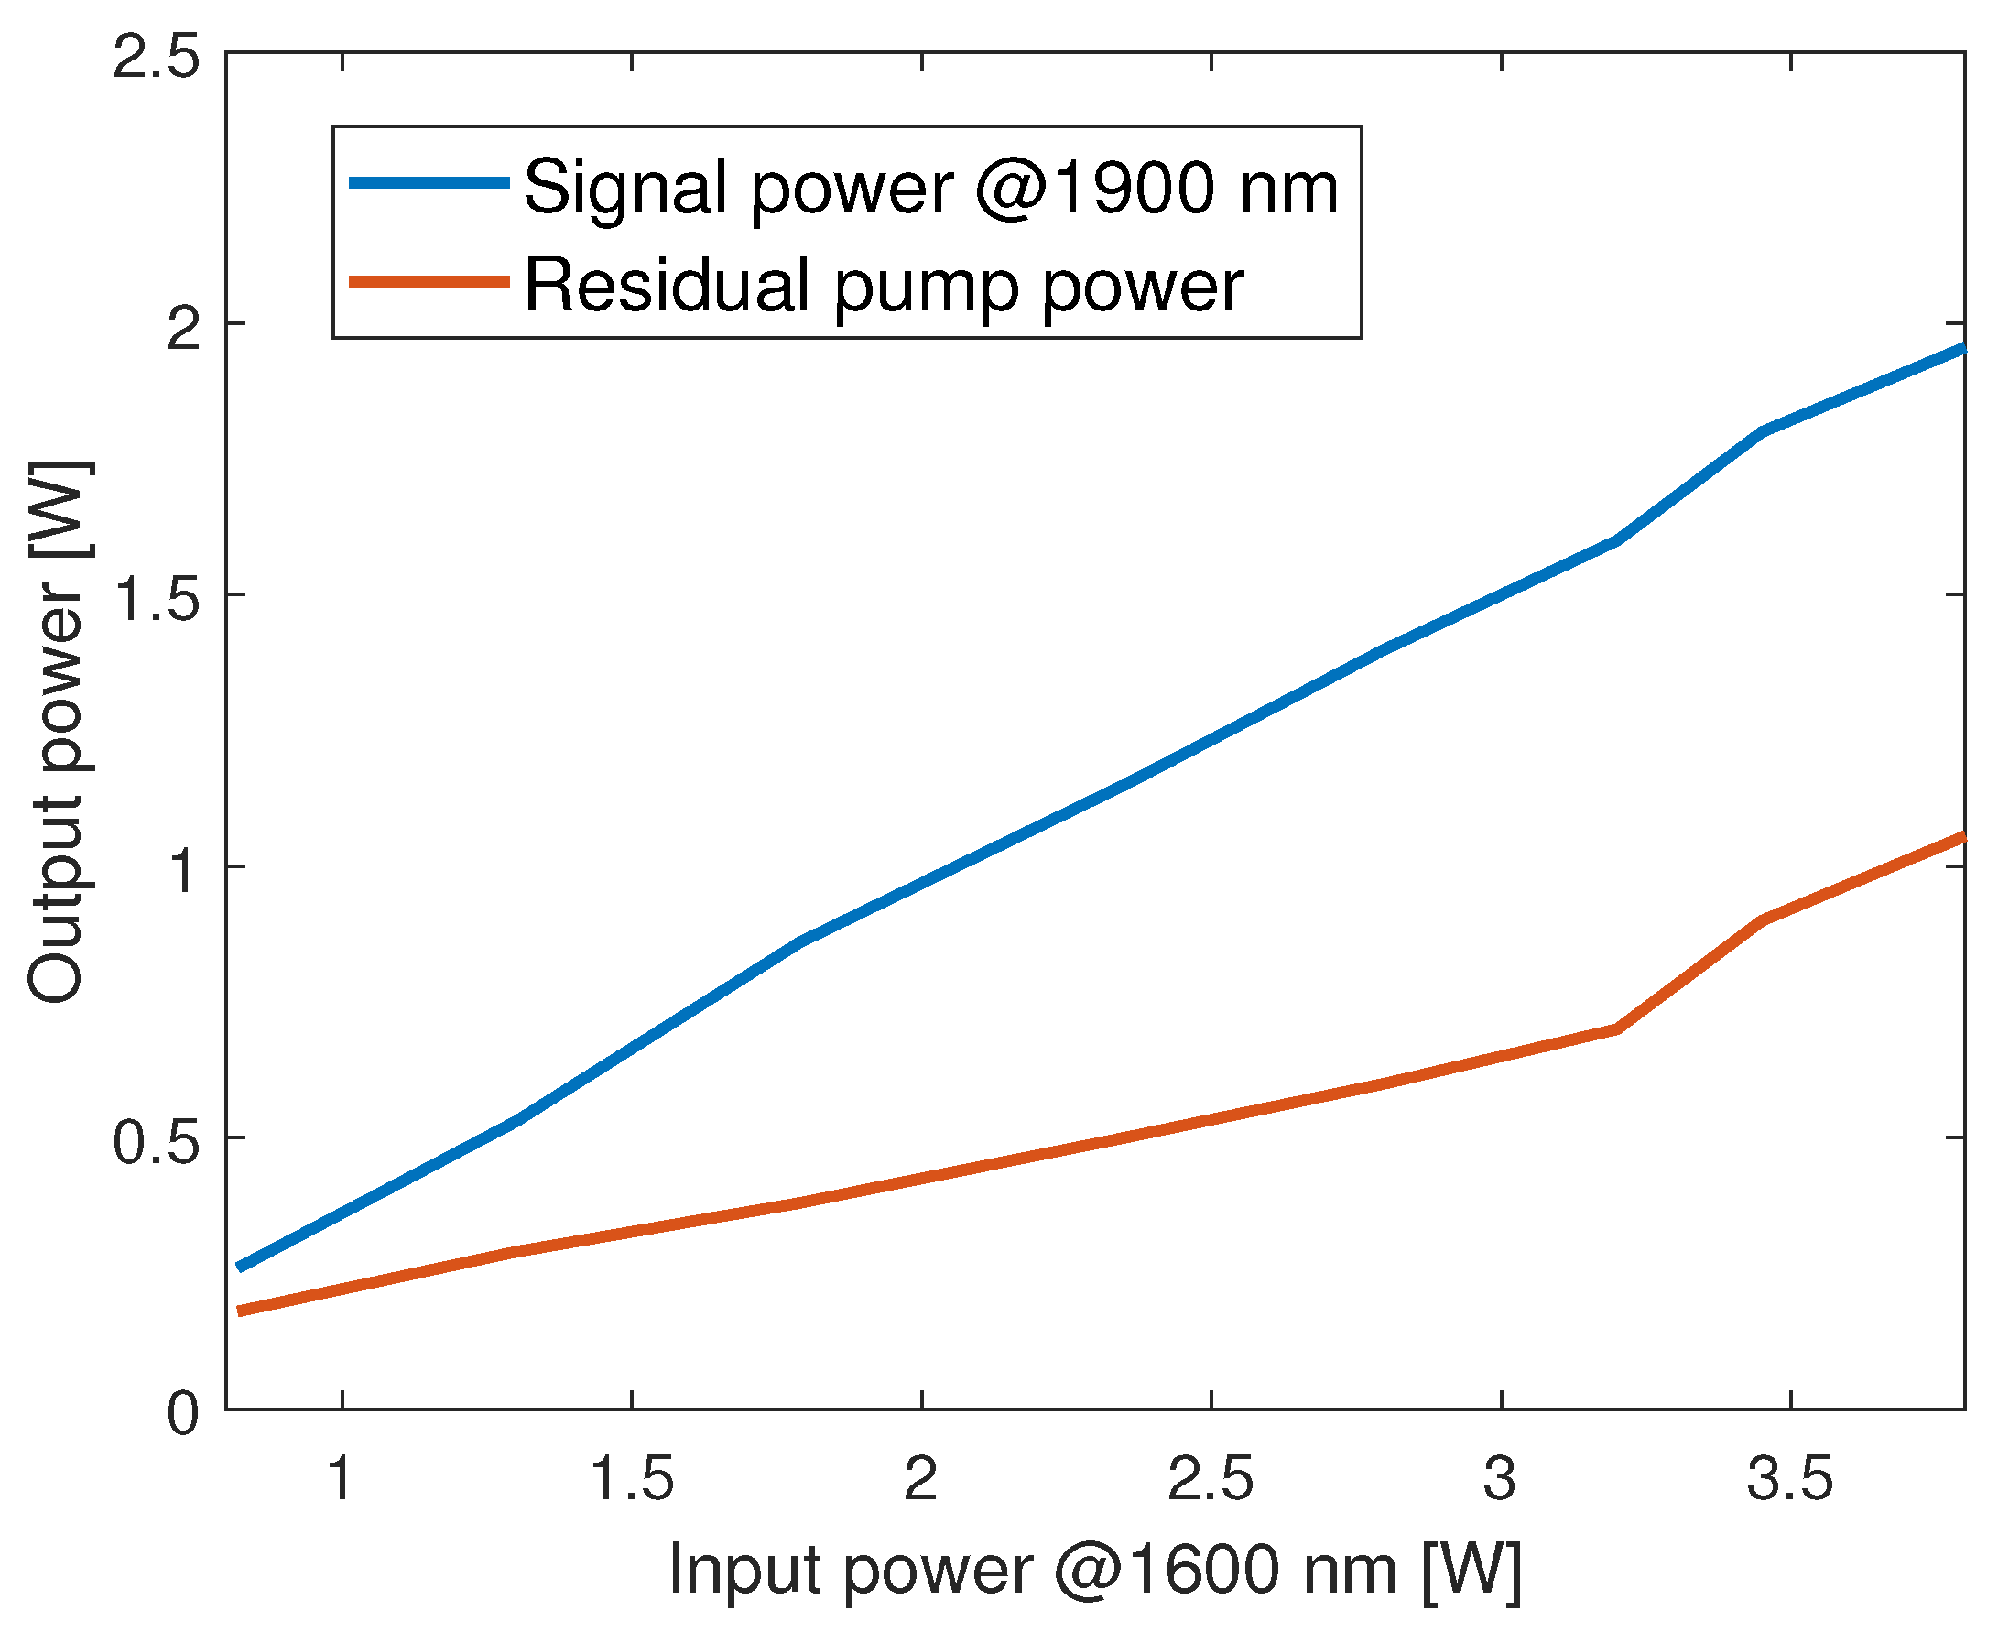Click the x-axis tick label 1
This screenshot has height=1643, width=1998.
[x=341, y=1477]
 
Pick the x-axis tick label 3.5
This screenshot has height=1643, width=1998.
[x=1789, y=1477]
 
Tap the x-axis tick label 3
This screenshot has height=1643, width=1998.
[x=1501, y=1477]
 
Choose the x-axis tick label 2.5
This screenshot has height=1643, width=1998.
[x=1210, y=1477]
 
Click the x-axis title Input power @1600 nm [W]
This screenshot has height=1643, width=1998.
[x=1095, y=1571]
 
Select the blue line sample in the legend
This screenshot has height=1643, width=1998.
[x=430, y=182]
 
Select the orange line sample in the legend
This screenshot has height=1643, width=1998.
[x=430, y=281]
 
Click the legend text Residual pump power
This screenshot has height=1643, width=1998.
[x=884, y=285]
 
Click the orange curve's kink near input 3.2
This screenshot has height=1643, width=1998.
[x=1617, y=1028]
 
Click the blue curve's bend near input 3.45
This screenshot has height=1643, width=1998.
[x=1762, y=431]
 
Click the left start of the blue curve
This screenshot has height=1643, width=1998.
[x=240, y=1268]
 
